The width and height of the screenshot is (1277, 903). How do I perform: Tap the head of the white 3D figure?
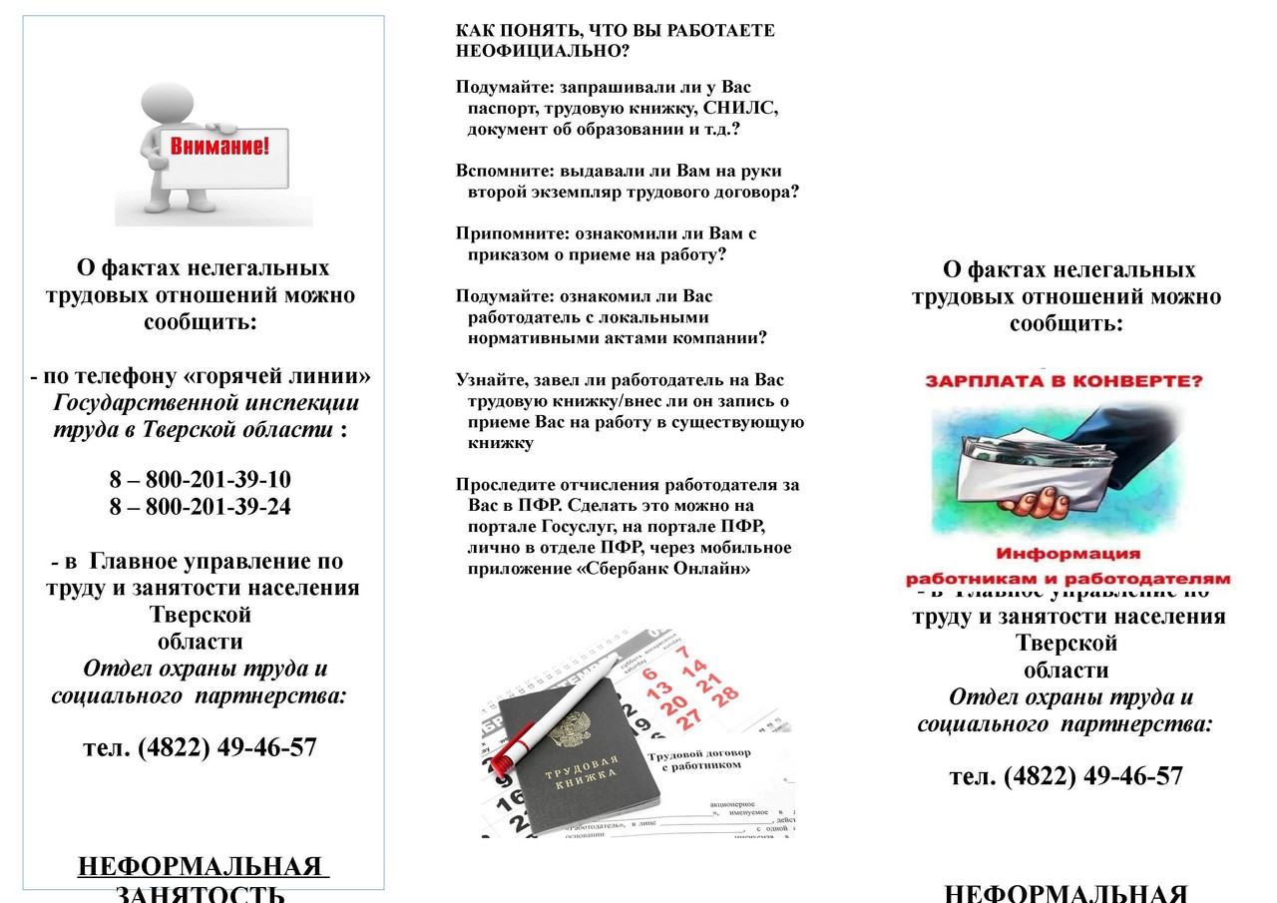(168, 104)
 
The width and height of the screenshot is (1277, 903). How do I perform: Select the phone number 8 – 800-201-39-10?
(201, 479)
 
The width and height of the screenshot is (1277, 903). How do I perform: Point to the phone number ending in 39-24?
(201, 506)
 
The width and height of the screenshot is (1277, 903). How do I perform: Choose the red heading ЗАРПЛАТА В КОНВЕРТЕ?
(1064, 380)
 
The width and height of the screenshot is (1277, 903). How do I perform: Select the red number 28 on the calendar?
(725, 693)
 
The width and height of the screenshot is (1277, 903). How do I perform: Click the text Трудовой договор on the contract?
(696, 756)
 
